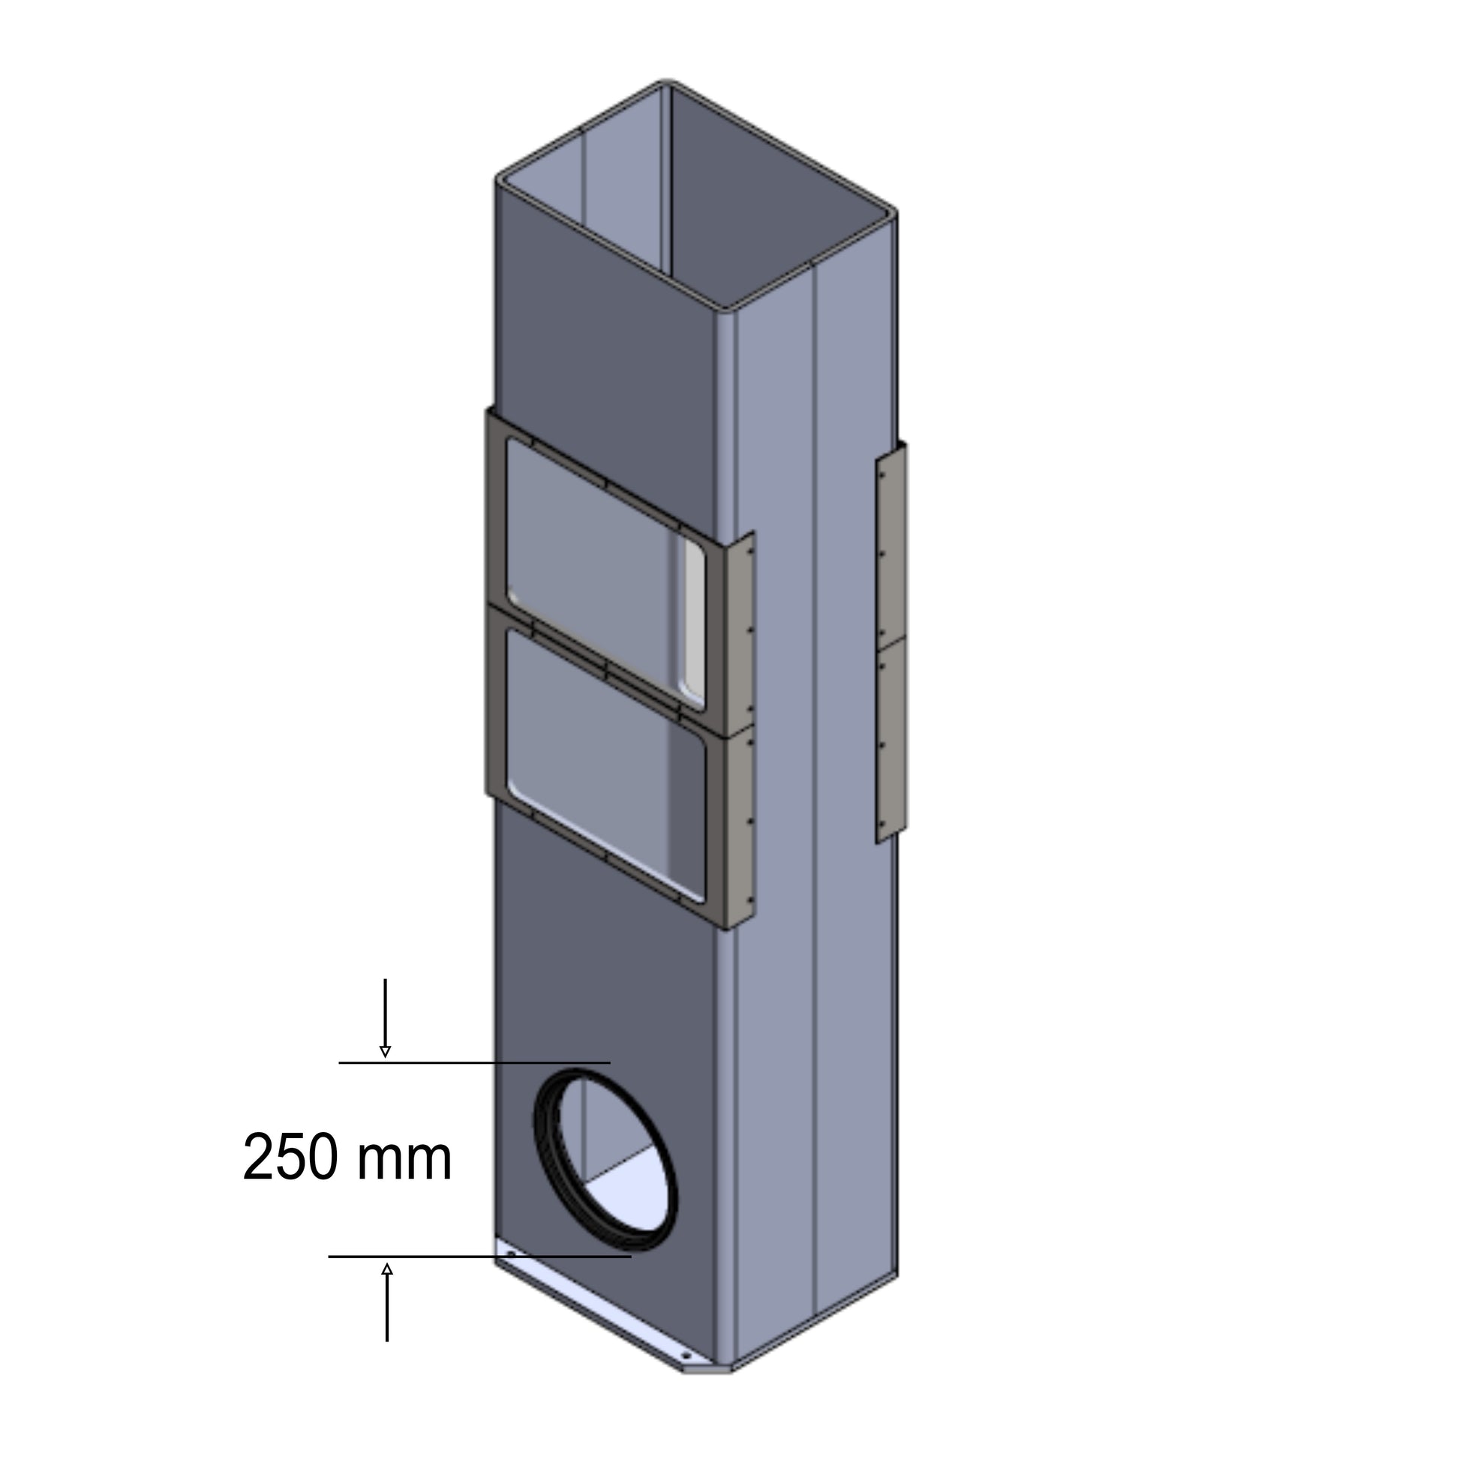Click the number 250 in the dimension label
tap(290, 1157)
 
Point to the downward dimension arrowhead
tap(386, 1052)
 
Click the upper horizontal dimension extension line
tap(475, 1062)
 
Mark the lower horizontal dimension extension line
tap(480, 1257)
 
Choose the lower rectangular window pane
tap(605, 763)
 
